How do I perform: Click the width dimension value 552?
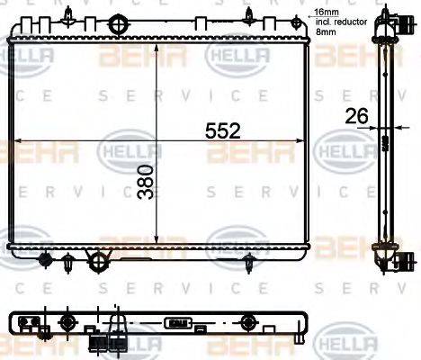(221, 130)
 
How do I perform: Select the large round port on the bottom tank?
(97, 261)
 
